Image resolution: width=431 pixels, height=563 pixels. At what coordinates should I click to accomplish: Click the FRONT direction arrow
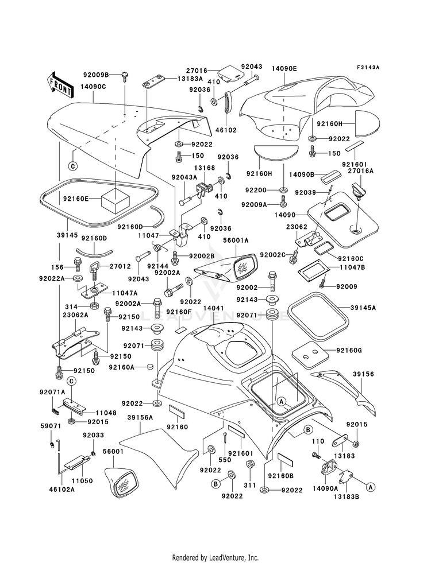(x=59, y=85)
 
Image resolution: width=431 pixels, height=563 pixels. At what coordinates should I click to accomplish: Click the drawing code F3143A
(x=368, y=67)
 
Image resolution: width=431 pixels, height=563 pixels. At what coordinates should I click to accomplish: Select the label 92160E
(x=75, y=198)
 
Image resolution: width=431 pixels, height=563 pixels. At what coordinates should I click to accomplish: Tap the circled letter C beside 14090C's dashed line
(x=72, y=166)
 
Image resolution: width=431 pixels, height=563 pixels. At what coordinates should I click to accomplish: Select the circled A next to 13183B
(x=370, y=487)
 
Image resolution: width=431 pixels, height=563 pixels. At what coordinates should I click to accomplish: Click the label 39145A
(x=363, y=308)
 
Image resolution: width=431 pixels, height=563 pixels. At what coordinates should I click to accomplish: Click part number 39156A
(x=140, y=417)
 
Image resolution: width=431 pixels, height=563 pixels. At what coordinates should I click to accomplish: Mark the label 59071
(x=51, y=426)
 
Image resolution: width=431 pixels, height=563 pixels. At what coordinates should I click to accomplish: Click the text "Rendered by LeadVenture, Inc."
(x=215, y=558)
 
